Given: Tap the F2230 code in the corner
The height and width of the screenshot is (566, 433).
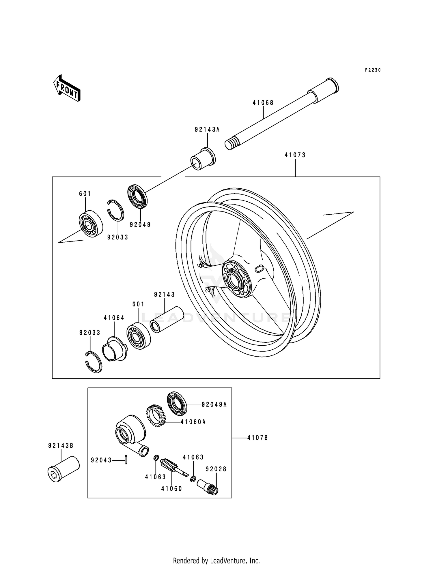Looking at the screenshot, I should click(x=373, y=70).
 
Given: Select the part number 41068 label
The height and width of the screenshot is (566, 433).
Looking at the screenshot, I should click(x=263, y=103).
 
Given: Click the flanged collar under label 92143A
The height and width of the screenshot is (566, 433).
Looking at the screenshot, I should click(x=203, y=159).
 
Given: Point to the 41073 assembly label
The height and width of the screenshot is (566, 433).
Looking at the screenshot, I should click(x=295, y=155).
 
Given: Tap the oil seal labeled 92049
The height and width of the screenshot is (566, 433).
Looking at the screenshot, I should click(x=137, y=196).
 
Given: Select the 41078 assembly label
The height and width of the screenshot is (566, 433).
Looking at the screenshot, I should click(x=257, y=438).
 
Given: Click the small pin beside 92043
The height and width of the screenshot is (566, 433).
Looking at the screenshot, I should click(x=126, y=460).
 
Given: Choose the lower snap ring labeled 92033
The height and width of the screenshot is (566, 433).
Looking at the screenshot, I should click(x=94, y=362).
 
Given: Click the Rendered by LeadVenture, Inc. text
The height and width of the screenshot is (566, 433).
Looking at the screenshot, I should click(x=216, y=561).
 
